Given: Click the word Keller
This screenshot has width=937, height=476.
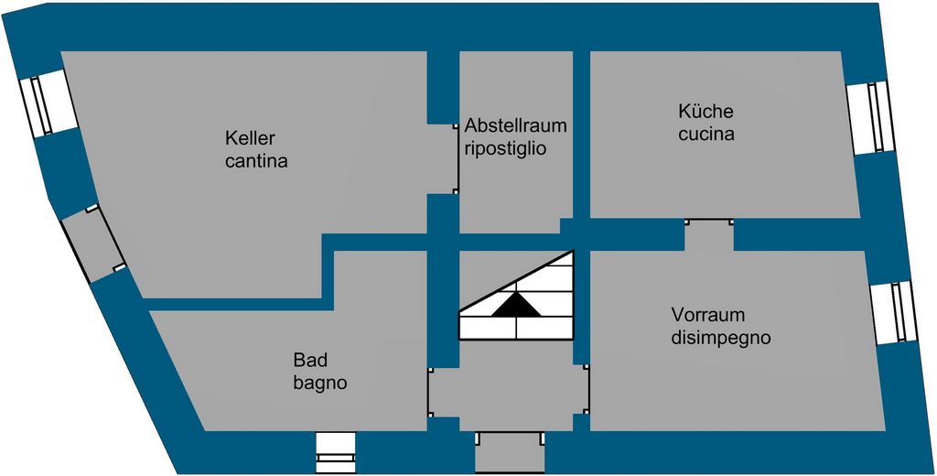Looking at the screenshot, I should [x=251, y=138].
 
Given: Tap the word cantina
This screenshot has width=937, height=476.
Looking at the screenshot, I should [x=257, y=163].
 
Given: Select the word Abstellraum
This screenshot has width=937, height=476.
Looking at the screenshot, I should [x=516, y=124].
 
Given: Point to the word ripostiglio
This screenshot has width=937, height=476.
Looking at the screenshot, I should [x=506, y=147].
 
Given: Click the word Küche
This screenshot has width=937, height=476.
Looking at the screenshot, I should [x=705, y=112].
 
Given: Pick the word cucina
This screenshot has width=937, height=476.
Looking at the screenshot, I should [x=706, y=135].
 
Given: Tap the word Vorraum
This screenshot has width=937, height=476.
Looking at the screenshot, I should [x=705, y=314].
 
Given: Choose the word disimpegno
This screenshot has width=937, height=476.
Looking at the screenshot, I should [x=721, y=338].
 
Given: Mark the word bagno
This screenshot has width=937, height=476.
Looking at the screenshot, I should [x=320, y=384].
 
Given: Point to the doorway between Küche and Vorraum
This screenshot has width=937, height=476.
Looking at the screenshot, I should [x=709, y=234].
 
